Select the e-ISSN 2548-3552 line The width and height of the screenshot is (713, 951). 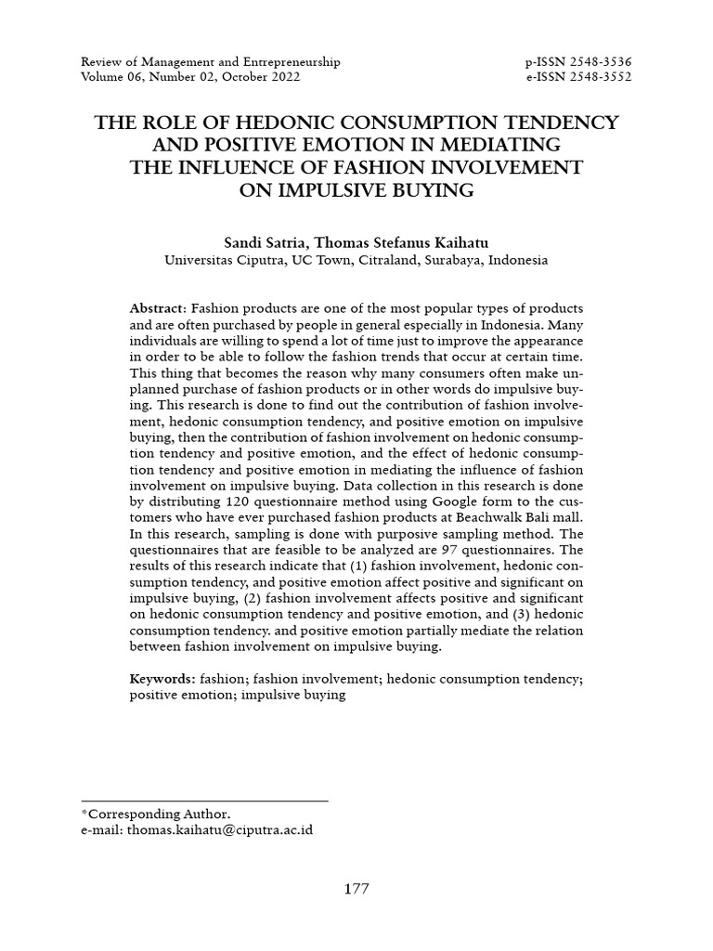click(x=577, y=77)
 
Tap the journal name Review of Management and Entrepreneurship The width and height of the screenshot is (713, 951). click(x=211, y=62)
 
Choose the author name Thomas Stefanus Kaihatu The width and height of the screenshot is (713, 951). click(x=395, y=242)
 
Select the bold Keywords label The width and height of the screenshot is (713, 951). click(x=161, y=680)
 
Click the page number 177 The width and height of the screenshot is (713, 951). click(x=356, y=889)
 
